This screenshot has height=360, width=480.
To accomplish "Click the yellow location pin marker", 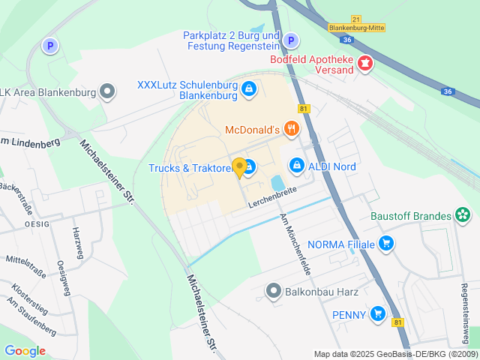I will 240,167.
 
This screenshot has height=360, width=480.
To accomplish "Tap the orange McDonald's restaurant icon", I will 292,130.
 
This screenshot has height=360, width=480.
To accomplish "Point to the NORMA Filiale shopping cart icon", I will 386,242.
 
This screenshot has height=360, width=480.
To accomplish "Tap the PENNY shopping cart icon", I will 378,315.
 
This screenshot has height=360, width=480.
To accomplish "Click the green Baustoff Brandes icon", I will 463,217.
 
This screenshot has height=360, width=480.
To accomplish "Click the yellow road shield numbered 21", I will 355,19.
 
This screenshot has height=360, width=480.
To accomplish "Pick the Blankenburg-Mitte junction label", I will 356,28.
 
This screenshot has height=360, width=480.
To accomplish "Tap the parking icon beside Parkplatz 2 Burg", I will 292,40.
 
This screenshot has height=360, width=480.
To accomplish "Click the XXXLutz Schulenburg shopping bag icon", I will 248,91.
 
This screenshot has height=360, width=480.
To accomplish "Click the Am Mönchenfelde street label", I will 295,242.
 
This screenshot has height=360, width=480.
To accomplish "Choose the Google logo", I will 25,350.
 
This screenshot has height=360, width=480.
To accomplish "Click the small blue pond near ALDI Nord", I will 277,182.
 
